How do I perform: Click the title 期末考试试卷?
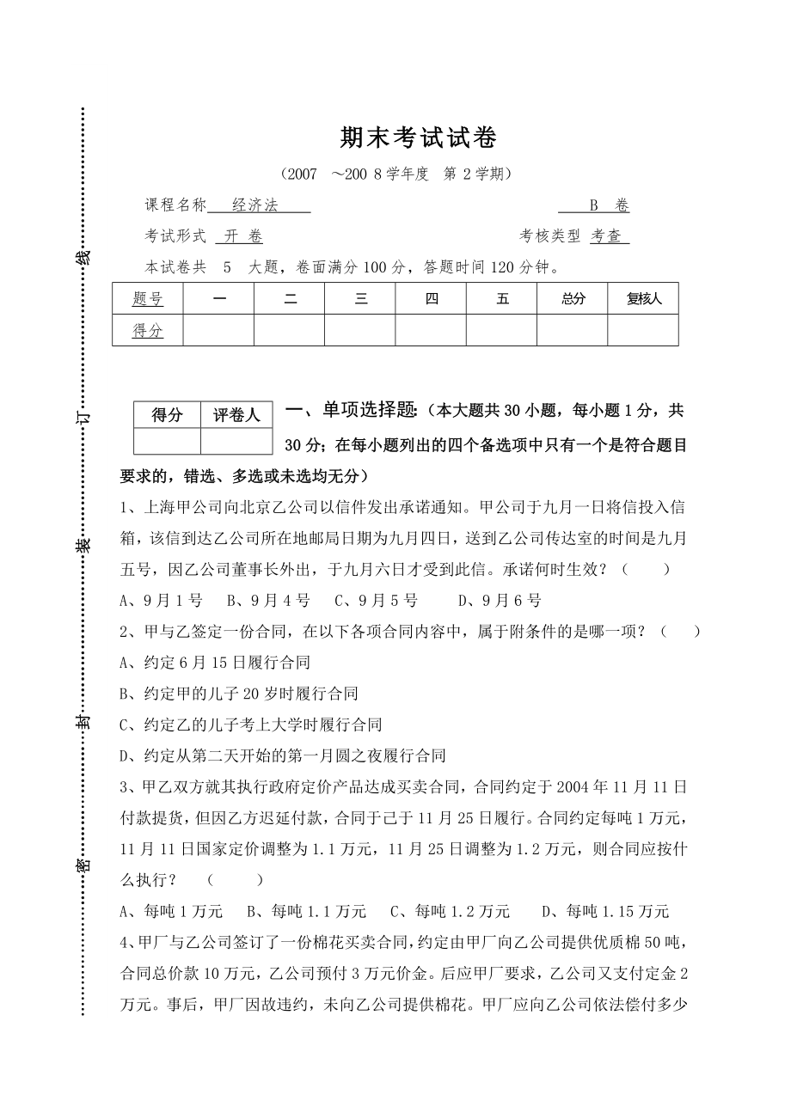(x=419, y=138)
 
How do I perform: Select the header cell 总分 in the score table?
(x=573, y=299)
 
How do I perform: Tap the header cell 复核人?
(x=643, y=299)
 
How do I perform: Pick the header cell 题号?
(x=148, y=299)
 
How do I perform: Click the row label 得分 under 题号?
(x=148, y=331)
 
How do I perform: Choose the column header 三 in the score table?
(x=360, y=299)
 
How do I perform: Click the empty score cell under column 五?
(x=502, y=331)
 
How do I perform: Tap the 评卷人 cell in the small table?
(x=236, y=415)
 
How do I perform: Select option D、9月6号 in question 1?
(x=500, y=601)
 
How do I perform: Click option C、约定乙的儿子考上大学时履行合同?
(x=250, y=725)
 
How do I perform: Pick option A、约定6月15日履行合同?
(x=215, y=663)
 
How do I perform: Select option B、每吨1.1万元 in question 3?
(x=307, y=911)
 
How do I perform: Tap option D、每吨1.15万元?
(x=606, y=911)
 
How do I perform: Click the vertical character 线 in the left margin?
(x=83, y=257)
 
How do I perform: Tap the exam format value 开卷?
(x=244, y=236)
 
